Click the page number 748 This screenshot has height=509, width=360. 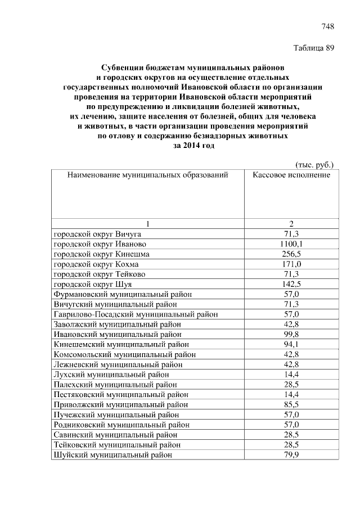point(327,26)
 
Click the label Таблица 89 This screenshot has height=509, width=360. point(314,48)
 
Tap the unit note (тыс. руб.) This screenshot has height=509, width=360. point(315,165)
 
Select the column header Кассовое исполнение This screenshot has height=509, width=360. point(291,175)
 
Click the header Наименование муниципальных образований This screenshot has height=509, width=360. point(147,175)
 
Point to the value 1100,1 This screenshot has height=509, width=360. point(291,244)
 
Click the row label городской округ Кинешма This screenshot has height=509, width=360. point(101,254)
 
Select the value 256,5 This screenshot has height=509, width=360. point(291,254)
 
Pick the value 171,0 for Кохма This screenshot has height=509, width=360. point(291,264)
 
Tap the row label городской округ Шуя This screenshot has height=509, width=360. point(92,284)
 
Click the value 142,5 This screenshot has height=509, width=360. point(291,284)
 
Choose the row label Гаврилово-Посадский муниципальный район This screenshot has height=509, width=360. point(136,314)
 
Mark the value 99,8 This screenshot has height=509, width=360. point(291,335)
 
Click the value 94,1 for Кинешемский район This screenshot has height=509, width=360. point(291,345)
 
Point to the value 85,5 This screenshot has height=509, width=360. point(291,404)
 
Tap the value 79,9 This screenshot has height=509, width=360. point(291,454)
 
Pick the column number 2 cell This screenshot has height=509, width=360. point(291,223)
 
